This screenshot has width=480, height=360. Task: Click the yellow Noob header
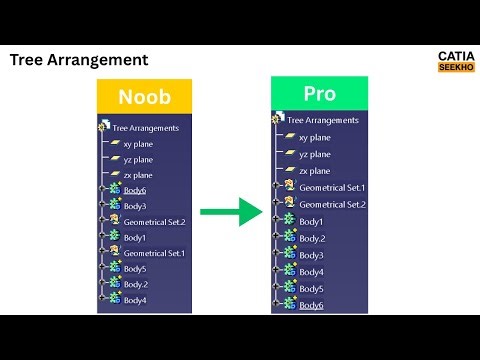tap(144, 96)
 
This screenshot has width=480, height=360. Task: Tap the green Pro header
tap(319, 93)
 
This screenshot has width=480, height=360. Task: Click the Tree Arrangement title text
tap(79, 60)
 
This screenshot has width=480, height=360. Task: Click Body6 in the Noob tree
tap(134, 190)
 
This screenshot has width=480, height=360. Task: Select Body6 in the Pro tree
tap(311, 305)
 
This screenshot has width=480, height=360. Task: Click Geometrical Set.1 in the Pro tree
tap(333, 187)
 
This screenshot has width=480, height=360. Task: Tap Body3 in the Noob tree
tap(135, 206)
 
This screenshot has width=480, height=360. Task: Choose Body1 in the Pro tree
tap(311, 221)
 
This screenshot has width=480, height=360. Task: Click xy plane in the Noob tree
tap(138, 144)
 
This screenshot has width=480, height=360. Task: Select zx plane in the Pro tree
tap(315, 171)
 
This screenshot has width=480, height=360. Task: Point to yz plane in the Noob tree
tap(138, 159)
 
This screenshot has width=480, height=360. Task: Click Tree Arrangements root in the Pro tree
tap(322, 119)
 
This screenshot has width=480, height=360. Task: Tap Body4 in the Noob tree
tap(135, 300)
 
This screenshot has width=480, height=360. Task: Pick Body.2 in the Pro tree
tap(313, 238)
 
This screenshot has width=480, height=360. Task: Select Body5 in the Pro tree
tap(311, 288)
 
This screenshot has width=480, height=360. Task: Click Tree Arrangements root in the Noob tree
tap(145, 127)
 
